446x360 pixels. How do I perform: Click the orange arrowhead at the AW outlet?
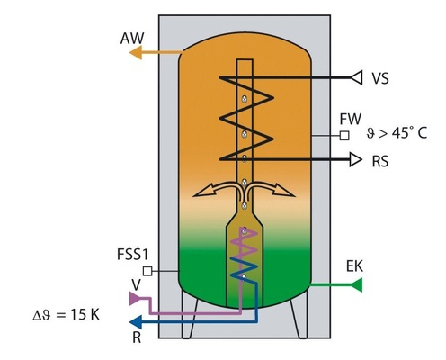pos(135,53)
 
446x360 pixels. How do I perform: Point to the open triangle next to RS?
pos(355,162)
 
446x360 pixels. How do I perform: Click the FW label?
pos(350,119)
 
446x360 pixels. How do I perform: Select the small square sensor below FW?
pos(343,137)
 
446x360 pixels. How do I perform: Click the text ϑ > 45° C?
pos(397,137)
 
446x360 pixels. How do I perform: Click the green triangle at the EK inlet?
pos(355,285)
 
